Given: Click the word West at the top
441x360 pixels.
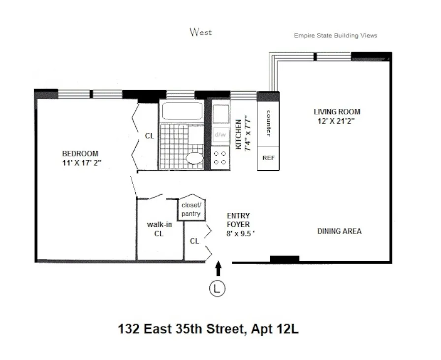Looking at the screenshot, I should coord(201,32).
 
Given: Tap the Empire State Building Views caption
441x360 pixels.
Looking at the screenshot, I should coord(335,35).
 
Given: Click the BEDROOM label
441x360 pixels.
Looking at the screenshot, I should coord(80,154).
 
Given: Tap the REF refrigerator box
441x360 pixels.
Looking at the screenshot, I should coord(268,158).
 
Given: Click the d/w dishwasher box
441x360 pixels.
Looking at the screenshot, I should coord(220,134).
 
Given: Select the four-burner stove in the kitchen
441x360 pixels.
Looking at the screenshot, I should coord(220,158).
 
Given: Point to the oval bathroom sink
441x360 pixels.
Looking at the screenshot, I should coord(194,159).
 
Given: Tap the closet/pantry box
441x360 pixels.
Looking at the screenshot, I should coord(190,209).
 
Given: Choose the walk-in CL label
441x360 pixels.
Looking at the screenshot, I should coord(159,229).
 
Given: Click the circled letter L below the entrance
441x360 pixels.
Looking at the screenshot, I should coord(217,288).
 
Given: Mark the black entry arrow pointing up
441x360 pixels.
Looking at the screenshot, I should coord(219,268).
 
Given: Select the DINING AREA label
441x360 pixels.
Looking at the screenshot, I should coord(339,231).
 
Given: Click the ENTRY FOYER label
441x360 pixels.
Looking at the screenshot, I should coord(238,220).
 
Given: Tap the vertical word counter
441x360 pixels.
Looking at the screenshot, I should coord(269,123).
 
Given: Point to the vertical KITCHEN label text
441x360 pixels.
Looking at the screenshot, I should coord(238,134).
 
